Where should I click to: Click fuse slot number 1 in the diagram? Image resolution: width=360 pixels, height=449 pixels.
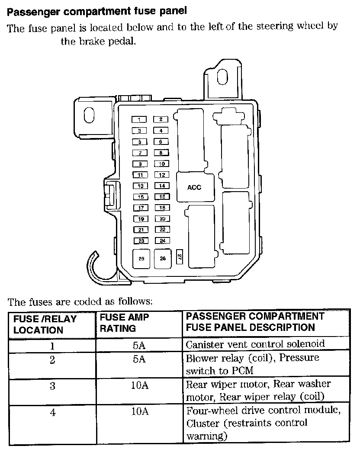click(x=139, y=119)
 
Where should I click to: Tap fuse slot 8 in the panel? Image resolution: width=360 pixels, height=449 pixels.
click(x=161, y=153)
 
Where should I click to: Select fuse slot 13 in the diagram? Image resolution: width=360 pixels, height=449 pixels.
click(x=140, y=186)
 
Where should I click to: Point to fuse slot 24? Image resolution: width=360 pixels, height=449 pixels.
click(x=162, y=241)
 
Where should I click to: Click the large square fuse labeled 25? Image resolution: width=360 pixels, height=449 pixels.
click(x=141, y=259)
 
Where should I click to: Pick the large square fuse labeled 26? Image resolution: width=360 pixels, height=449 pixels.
click(x=163, y=259)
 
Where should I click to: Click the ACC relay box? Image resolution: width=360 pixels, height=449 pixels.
click(x=194, y=187)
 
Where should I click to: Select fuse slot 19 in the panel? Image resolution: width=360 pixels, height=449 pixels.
click(x=140, y=219)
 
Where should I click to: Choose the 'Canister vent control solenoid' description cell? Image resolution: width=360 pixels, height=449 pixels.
click(x=255, y=345)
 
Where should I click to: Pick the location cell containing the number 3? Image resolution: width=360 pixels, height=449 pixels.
click(x=52, y=386)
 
